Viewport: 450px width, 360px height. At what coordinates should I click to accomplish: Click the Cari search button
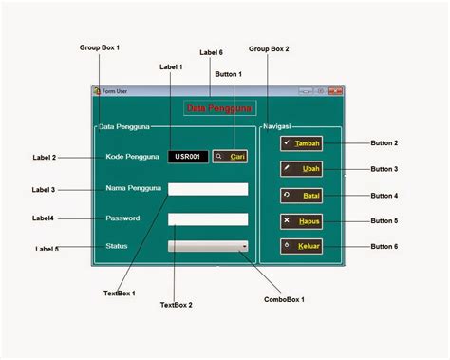click(x=229, y=157)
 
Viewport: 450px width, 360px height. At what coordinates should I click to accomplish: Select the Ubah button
click(x=303, y=168)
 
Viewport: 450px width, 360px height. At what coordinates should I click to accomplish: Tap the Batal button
click(x=303, y=195)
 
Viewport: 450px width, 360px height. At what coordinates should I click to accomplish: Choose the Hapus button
click(x=303, y=220)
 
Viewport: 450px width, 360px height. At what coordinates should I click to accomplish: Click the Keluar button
click(x=303, y=246)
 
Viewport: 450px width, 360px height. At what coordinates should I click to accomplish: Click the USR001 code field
click(x=187, y=157)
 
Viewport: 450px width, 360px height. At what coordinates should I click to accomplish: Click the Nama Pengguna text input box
click(x=208, y=189)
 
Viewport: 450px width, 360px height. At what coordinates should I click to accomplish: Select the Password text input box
click(x=208, y=219)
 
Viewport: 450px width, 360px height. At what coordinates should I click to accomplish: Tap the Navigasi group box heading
click(x=276, y=126)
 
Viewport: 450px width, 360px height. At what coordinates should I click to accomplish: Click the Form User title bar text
click(x=117, y=91)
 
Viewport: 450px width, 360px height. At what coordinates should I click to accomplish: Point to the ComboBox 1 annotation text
click(x=284, y=299)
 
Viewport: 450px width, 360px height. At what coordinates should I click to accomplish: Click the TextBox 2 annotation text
click(x=176, y=305)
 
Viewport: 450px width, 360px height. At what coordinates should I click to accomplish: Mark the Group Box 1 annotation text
click(x=100, y=47)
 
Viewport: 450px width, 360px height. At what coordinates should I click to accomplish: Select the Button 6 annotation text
click(x=384, y=246)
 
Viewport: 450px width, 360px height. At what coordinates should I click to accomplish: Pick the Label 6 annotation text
click(x=211, y=52)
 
